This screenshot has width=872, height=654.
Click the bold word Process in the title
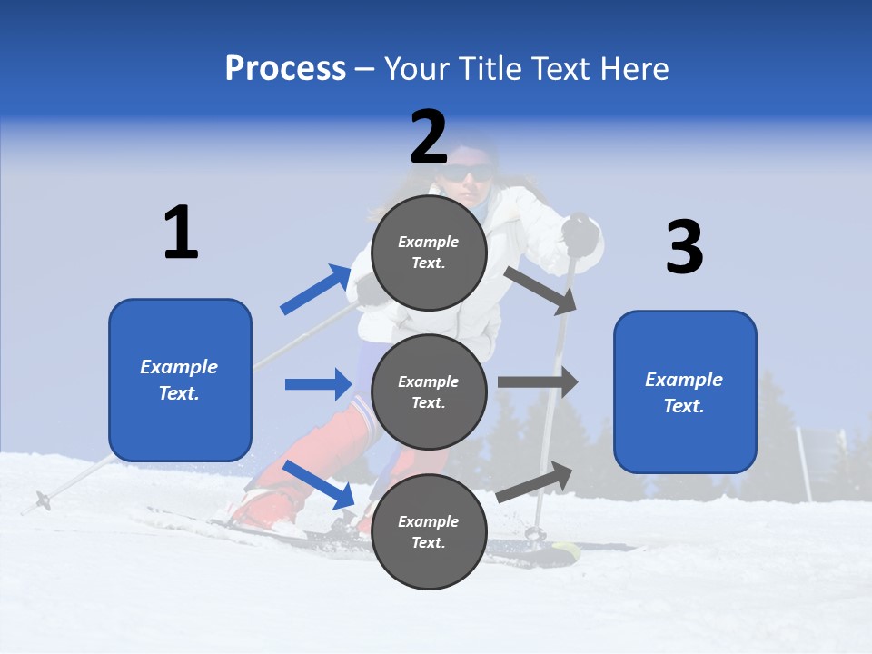(285, 69)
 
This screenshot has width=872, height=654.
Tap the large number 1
(181, 233)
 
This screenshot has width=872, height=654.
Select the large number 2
(429, 137)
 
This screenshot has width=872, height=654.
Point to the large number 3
(684, 247)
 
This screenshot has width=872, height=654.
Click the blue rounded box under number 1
(180, 380)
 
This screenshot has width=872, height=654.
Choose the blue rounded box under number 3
(685, 392)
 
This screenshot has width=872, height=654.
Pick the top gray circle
(429, 253)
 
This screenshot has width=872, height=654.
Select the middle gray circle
(429, 392)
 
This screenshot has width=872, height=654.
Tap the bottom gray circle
(429, 531)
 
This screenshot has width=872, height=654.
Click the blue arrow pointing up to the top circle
(316, 290)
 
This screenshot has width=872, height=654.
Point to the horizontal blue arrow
(318, 384)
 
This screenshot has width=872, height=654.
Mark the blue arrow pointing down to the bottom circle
(319, 484)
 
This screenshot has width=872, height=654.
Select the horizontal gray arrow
(538, 382)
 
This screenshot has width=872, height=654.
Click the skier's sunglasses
(473, 175)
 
